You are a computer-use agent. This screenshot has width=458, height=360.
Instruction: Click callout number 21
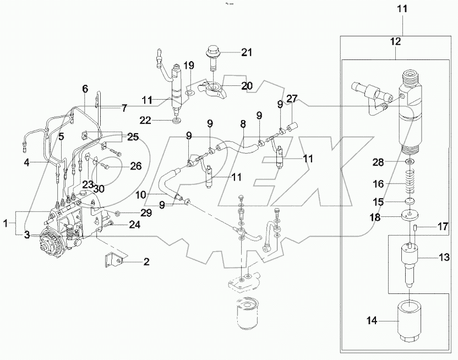[x=246, y=52]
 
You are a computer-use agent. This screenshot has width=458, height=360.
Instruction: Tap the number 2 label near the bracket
[x=146, y=262]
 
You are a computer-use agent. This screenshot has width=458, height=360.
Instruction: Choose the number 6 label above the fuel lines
[x=85, y=89]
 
